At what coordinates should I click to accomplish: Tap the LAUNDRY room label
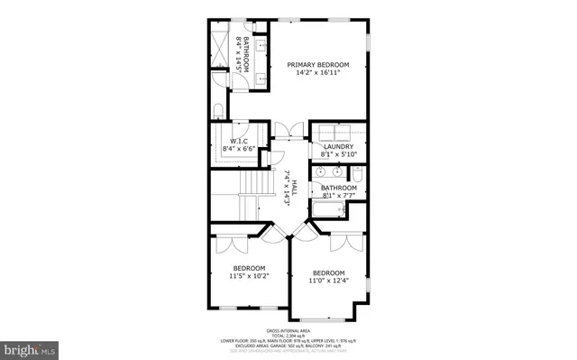coord(339,146)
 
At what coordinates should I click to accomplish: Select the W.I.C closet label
coord(239,141)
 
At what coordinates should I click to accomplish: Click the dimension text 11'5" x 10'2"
coord(249,276)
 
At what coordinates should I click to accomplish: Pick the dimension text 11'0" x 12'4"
coord(329,281)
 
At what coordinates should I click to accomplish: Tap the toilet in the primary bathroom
coord(217,111)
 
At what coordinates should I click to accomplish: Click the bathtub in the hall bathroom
coord(329,210)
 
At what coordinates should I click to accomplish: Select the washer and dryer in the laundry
coord(338,131)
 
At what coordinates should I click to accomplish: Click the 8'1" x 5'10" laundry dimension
coord(339,154)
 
